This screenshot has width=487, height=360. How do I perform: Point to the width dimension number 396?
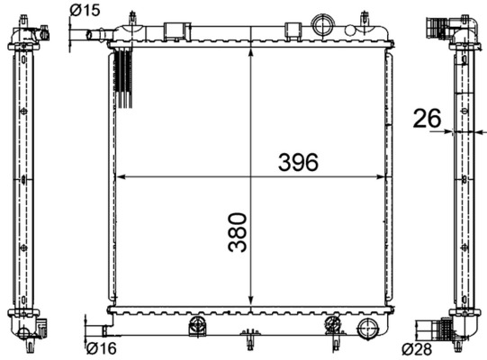[298, 162]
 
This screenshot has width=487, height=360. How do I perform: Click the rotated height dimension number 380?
[237, 231]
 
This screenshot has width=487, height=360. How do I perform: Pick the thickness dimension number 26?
[426, 117]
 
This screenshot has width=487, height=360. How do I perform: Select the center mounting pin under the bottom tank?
[249, 341]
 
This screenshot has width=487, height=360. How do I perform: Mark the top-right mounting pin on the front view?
[364, 18]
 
